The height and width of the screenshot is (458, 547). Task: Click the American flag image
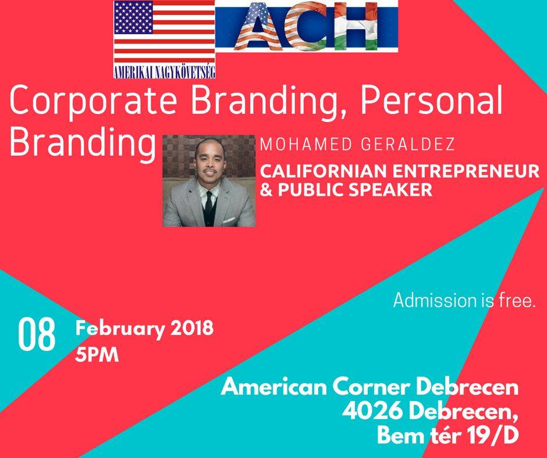point(164,32)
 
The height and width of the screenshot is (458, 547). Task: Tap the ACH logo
point(307,26)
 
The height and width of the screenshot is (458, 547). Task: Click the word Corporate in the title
point(93,101)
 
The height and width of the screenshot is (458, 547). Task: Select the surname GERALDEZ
point(408,144)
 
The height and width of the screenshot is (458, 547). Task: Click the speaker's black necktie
point(208,203)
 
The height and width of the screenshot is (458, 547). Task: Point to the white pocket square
point(229,220)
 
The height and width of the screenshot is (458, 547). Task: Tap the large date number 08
point(37,334)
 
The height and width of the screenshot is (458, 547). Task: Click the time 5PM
point(97,355)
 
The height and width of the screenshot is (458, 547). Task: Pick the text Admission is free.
point(464,300)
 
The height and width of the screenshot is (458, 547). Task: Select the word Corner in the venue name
point(372,387)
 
